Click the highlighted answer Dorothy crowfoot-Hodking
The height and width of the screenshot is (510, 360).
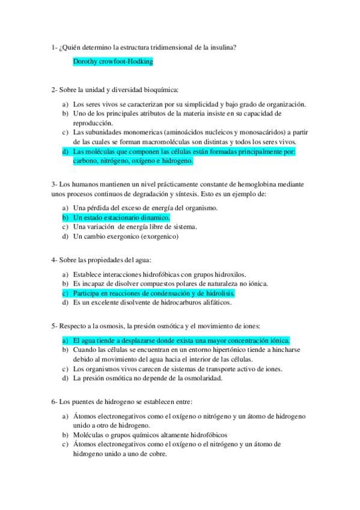[x=112, y=61]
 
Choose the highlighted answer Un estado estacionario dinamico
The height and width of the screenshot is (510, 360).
[x=121, y=217]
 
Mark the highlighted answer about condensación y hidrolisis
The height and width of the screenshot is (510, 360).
[x=153, y=293]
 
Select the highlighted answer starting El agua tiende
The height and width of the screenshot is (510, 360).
[x=180, y=340]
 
